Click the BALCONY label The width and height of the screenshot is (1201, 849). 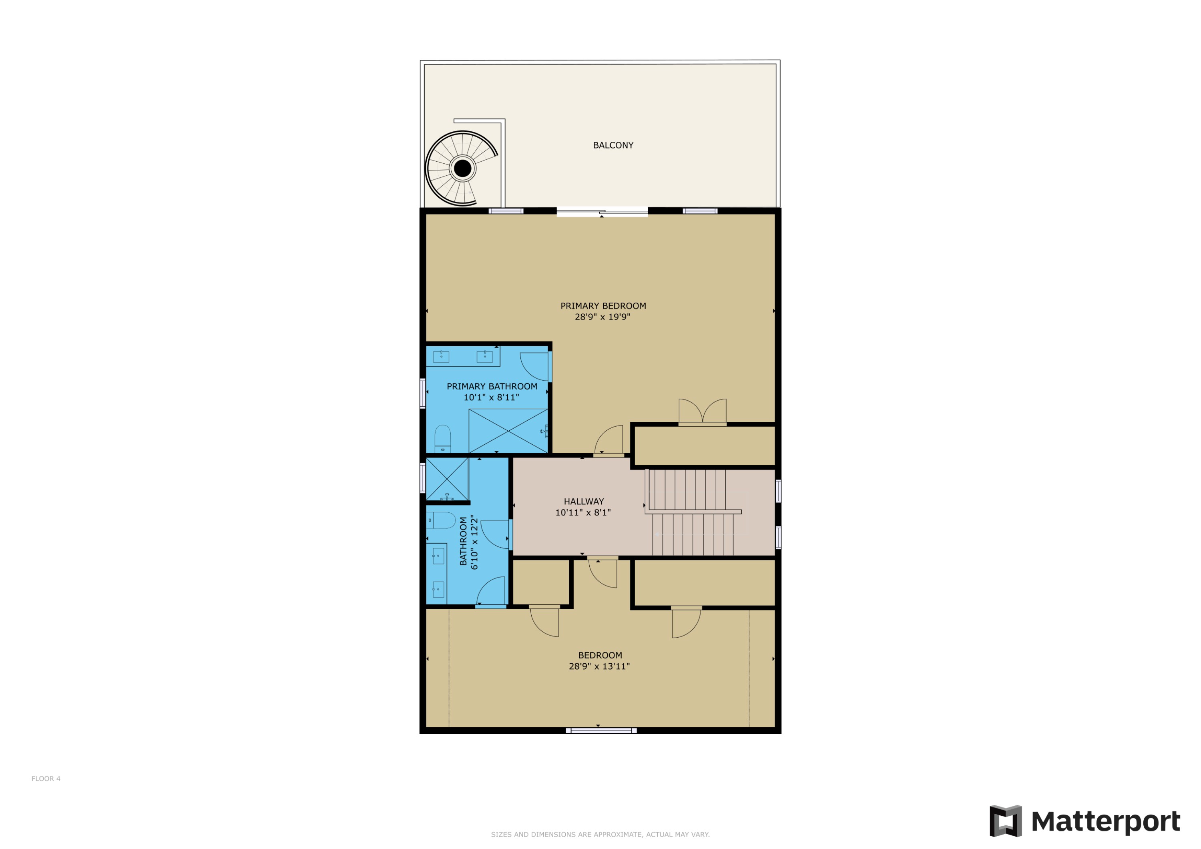click(613, 145)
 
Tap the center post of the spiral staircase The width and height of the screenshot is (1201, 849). click(462, 169)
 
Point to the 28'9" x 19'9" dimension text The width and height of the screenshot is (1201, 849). click(602, 317)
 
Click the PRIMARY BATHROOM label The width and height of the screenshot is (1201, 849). click(492, 387)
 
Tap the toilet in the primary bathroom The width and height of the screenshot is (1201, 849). click(442, 438)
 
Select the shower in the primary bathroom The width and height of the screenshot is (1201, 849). click(508, 431)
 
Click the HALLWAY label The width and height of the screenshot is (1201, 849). click(583, 502)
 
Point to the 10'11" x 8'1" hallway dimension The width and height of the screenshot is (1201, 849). click(583, 513)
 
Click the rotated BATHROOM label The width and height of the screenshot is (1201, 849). click(463, 542)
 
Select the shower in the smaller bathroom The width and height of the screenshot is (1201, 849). click(447, 479)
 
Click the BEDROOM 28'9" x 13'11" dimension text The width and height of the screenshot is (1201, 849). click(599, 666)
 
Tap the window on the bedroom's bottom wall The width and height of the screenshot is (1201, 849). click(601, 730)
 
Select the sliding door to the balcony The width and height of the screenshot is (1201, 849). click(602, 213)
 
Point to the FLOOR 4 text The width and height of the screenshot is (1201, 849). click(46, 779)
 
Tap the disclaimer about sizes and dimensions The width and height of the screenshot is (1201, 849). click(600, 835)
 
